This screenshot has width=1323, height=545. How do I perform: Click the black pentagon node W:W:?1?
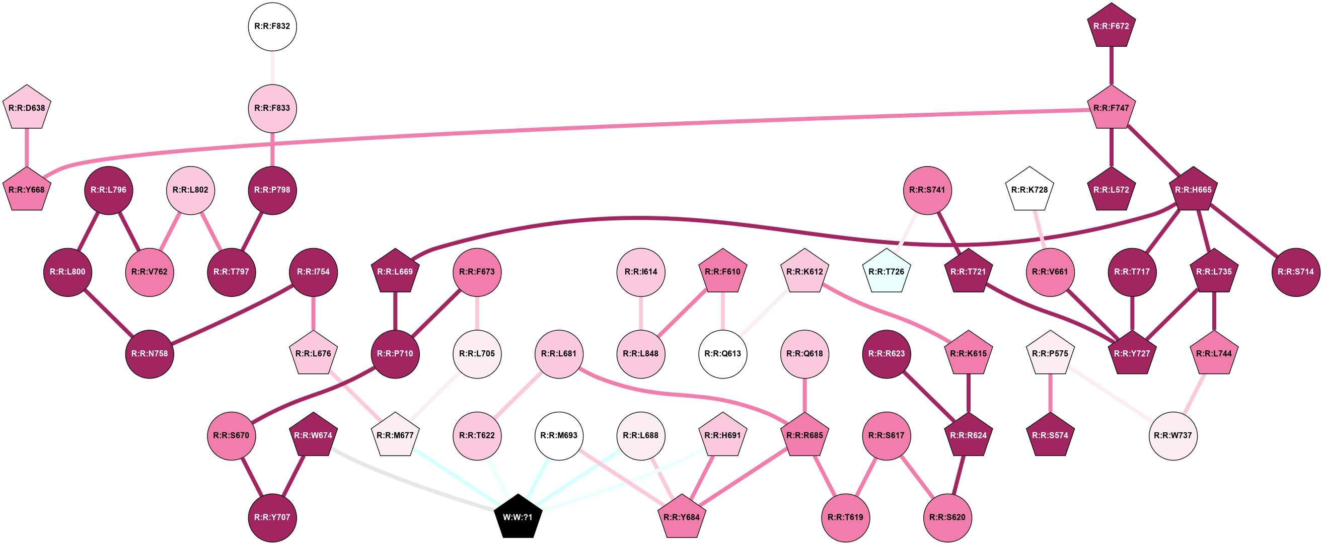pyautogui.click(x=518, y=517)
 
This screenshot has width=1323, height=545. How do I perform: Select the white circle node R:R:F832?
pyautogui.click(x=272, y=26)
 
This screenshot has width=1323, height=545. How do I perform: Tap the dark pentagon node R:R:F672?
pyautogui.click(x=1112, y=26)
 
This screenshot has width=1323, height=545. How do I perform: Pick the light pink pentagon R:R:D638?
pyautogui.click(x=27, y=108)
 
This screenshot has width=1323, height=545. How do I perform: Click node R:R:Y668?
pyautogui.click(x=27, y=190)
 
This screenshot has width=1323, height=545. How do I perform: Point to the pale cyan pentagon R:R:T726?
pyautogui.click(x=887, y=271)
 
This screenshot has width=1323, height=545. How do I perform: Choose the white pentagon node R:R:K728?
pyautogui.click(x=1029, y=190)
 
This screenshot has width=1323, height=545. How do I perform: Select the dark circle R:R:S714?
pyautogui.click(x=1296, y=271)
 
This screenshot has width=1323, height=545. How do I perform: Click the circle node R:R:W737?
pyautogui.click(x=1173, y=435)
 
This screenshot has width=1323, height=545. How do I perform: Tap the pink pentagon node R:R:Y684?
pyautogui.click(x=682, y=517)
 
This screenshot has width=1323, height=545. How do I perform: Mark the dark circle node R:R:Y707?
pyautogui.click(x=272, y=517)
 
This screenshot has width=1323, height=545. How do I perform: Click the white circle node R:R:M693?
pyautogui.click(x=559, y=435)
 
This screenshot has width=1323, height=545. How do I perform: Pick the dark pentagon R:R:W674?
pyautogui.click(x=313, y=435)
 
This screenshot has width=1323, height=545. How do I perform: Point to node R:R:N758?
pyautogui.click(x=150, y=354)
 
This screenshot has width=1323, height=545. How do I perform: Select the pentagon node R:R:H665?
pyautogui.click(x=1194, y=190)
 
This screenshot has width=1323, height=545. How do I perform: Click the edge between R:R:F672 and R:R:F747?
pyautogui.click(x=1112, y=66)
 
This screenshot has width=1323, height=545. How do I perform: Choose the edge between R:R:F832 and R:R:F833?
pyautogui.click(x=272, y=67)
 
